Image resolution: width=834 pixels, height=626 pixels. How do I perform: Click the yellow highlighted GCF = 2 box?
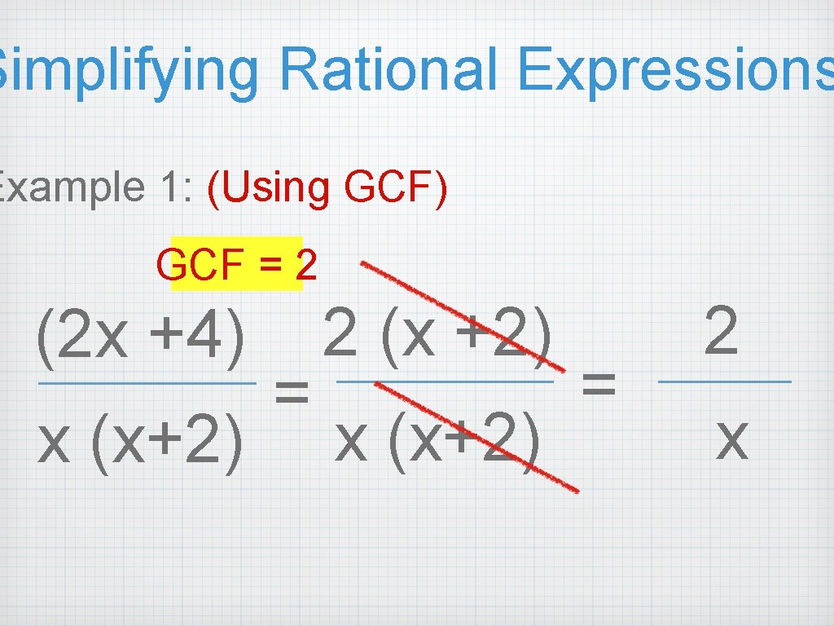[x=236, y=264]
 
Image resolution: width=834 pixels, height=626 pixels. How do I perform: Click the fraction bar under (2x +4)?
[x=147, y=383]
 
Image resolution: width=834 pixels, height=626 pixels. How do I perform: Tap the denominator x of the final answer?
[x=730, y=437]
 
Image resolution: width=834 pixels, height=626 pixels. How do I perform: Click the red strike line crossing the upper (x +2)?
[x=456, y=312]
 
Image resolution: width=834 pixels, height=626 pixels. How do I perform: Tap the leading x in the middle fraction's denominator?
[x=351, y=439]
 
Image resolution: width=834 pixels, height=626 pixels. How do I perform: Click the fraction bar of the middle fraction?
[x=445, y=381]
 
